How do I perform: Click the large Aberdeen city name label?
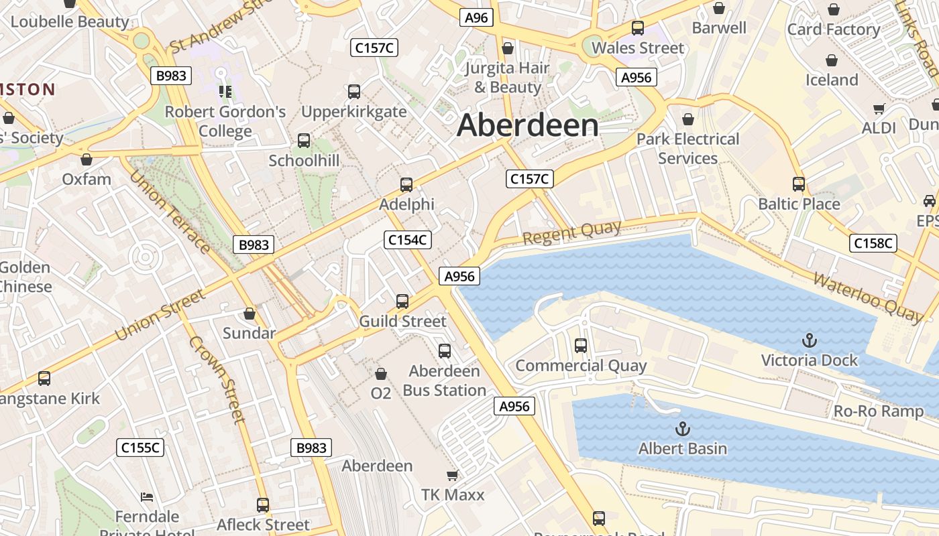pos(527,126)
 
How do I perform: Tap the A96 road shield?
pos(476,17)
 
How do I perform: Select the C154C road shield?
pos(408,240)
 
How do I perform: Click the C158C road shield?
pos(873,243)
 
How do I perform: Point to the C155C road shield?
pos(140,448)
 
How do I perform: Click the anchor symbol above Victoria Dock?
pos(810,340)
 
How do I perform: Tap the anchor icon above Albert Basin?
pos(682,429)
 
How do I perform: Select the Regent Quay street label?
pos(571,232)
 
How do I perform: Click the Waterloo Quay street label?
pos(868,298)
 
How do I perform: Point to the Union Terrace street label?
pos(169,211)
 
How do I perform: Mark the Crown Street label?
pos(217,379)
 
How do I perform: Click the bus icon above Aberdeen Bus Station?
pos(444,351)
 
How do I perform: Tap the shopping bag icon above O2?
pos(381,373)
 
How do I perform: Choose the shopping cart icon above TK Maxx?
pos(452,476)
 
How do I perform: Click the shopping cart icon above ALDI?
pos(879,109)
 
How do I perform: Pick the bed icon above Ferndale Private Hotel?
pos(147,497)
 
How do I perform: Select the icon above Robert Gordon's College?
pos(224,91)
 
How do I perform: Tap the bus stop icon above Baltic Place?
pos(798,184)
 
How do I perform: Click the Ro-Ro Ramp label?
pos(878,411)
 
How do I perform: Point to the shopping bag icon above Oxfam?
pos(87,159)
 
